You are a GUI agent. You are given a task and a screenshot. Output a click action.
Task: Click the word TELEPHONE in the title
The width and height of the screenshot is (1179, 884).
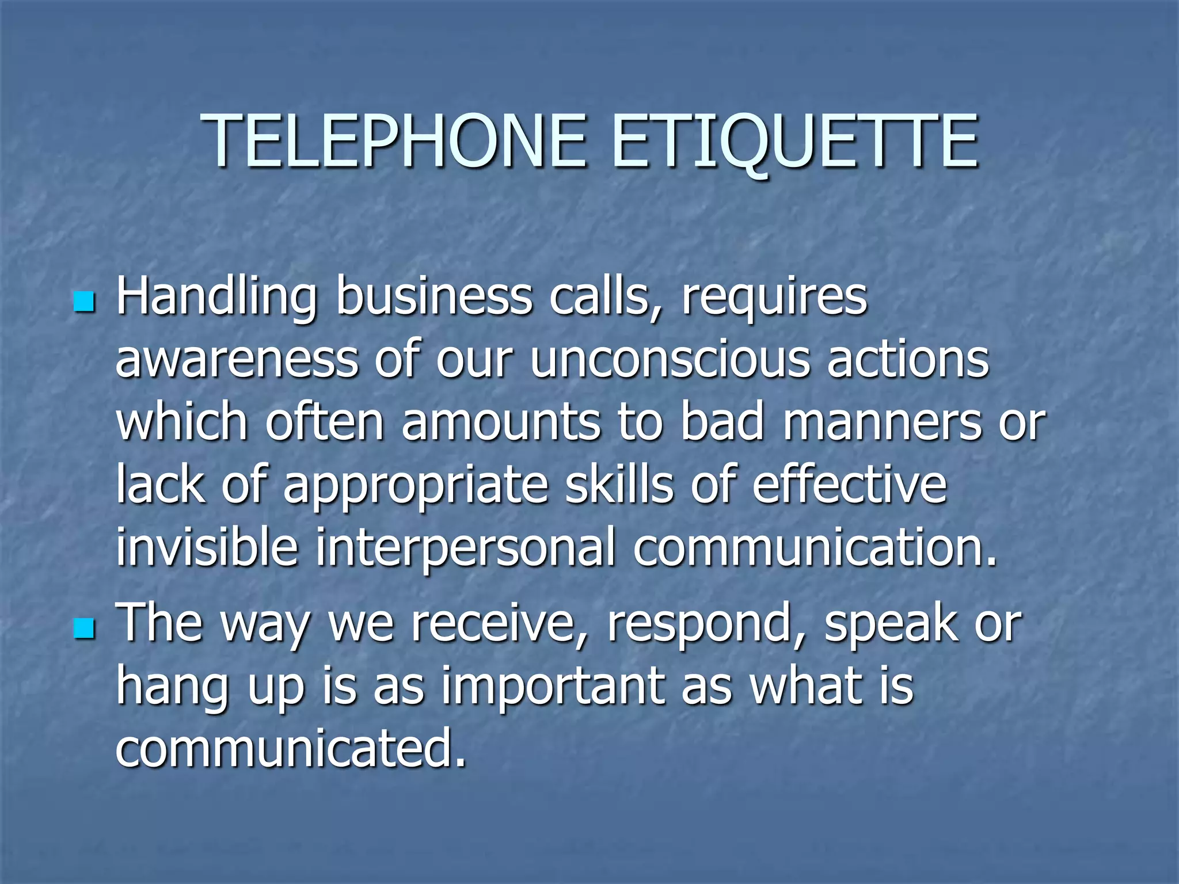tap(394, 141)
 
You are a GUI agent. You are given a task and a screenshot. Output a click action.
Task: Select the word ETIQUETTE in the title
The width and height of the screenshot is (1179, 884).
tap(794, 141)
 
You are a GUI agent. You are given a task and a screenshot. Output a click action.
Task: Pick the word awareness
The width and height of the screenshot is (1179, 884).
tap(237, 361)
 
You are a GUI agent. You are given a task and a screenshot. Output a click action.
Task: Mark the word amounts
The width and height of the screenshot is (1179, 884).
tap(501, 423)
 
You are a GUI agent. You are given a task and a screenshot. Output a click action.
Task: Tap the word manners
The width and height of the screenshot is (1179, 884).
tap(881, 423)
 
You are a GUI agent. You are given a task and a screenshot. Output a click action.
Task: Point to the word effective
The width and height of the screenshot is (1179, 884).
tap(849, 485)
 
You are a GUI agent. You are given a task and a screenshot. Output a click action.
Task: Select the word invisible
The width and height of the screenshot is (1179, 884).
tap(207, 547)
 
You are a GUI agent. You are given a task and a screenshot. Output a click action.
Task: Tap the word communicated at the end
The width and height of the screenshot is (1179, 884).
tap(291, 749)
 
